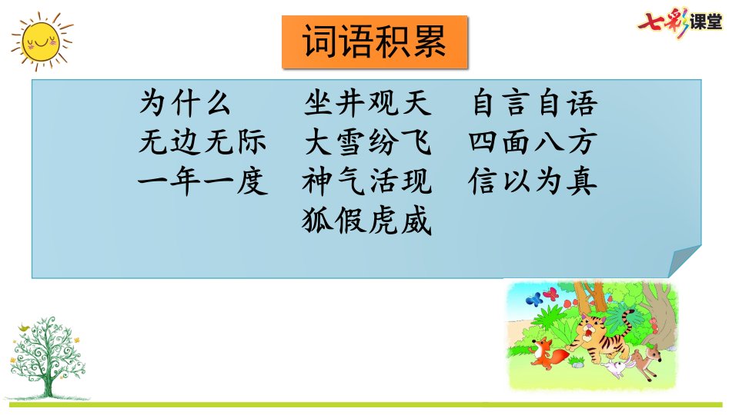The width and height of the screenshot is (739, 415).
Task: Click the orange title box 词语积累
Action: coord(375,41)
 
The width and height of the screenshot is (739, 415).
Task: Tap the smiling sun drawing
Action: coord(42,41)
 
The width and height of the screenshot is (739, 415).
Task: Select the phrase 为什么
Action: coord(185,102)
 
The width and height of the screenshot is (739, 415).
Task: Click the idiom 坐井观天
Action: coord(367,102)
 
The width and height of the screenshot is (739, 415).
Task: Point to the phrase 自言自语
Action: coord(534,102)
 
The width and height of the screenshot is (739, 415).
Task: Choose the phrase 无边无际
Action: coord(202,141)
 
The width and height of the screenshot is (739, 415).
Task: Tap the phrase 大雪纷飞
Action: coord(367,141)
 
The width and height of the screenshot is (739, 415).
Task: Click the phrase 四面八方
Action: coord(533,141)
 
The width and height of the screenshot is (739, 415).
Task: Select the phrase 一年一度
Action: coord(202,181)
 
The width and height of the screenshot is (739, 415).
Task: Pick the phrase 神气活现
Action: coord(367,181)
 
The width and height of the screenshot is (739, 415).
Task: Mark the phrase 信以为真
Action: coord(533,181)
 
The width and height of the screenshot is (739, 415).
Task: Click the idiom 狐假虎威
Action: coord(367,221)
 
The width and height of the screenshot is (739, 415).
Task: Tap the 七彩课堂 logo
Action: coord(680,22)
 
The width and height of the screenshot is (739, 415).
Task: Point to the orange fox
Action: coord(547,353)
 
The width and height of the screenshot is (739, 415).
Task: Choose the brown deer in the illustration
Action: coord(647,360)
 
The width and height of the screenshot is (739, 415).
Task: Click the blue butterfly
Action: coord(534,298)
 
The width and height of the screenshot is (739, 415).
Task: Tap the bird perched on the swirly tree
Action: coord(24,327)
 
